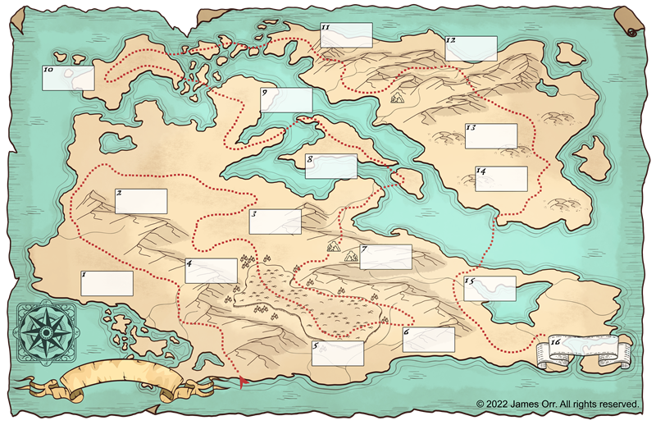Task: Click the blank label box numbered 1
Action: (107, 283)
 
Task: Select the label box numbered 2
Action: (141, 201)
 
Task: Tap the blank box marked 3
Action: (276, 222)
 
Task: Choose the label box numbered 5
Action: (339, 354)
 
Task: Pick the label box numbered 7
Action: (385, 257)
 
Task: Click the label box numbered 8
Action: (331, 167)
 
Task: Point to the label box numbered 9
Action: (286, 100)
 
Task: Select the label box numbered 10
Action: (68, 78)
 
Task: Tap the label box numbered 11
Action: (346, 35)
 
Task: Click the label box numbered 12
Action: (471, 48)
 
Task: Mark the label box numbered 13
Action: (491, 136)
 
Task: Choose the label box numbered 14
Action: (501, 179)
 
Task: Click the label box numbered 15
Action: (490, 288)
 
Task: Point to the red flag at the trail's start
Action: (243, 381)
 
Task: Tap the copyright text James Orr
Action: (557, 404)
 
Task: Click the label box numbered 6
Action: (429, 340)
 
